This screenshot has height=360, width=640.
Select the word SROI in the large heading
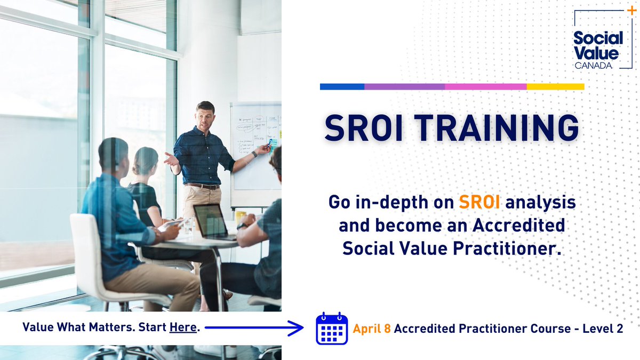(x=358, y=129)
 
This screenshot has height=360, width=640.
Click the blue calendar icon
(x=332, y=329)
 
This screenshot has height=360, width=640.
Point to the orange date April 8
(x=372, y=329)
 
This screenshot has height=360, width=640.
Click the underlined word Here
(x=183, y=327)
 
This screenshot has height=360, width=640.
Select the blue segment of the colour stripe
(x=342, y=86)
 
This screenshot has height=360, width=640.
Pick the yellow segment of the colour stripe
(x=555, y=86)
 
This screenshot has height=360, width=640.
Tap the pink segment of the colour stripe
(x=485, y=86)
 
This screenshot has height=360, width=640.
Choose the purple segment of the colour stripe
(x=404, y=86)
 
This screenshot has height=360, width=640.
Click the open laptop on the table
(x=212, y=221)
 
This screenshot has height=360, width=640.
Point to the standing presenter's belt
(x=202, y=186)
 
